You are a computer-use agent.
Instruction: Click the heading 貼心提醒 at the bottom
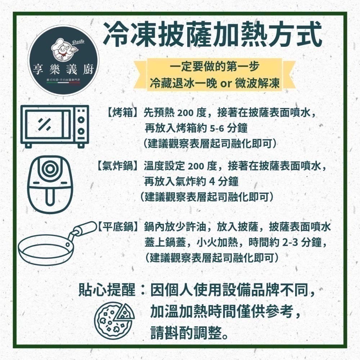click(107, 289)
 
